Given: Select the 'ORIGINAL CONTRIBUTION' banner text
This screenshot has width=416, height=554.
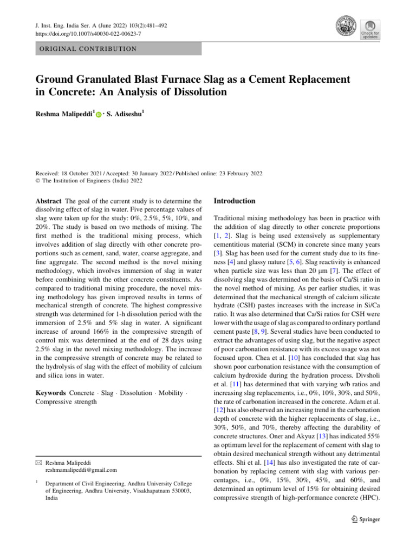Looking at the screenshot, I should click(x=86, y=49).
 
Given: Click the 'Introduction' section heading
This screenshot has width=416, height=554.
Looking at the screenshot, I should click(x=234, y=201).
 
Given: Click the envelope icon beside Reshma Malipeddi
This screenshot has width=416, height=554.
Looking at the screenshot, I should click(x=37, y=463).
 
